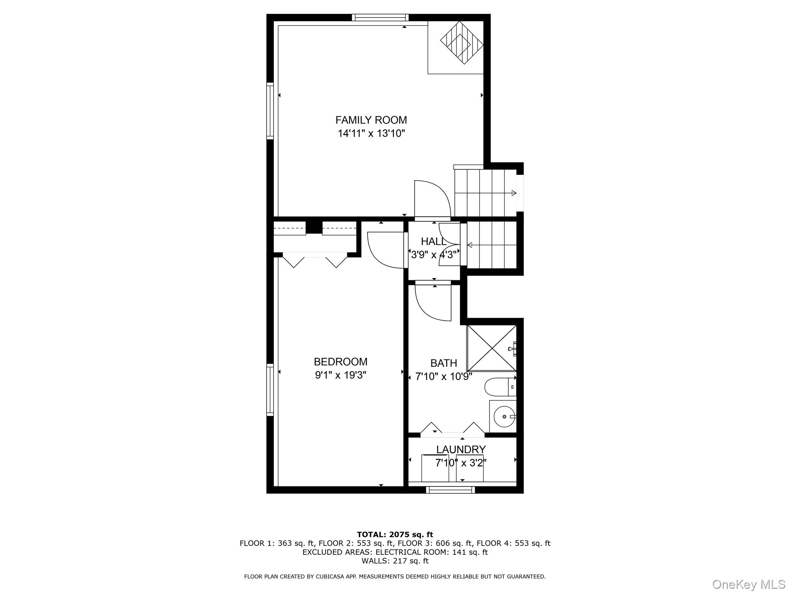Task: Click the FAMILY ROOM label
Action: [371, 120]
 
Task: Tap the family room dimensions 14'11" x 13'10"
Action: [371, 134]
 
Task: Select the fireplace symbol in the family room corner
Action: [462, 42]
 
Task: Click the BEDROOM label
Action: [340, 362]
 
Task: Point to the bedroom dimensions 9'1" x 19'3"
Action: [340, 375]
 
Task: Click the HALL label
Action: [433, 242]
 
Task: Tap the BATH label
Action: [444, 363]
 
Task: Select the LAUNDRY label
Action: [461, 449]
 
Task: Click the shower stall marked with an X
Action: [491, 348]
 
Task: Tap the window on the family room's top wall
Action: [380, 17]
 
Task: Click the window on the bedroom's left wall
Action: [270, 390]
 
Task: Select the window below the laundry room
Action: [450, 490]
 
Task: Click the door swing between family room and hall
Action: [431, 199]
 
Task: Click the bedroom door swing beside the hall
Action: [386, 249]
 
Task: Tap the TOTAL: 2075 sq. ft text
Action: [395, 535]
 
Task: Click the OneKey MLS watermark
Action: [748, 585]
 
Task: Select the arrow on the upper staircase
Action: [513, 193]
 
